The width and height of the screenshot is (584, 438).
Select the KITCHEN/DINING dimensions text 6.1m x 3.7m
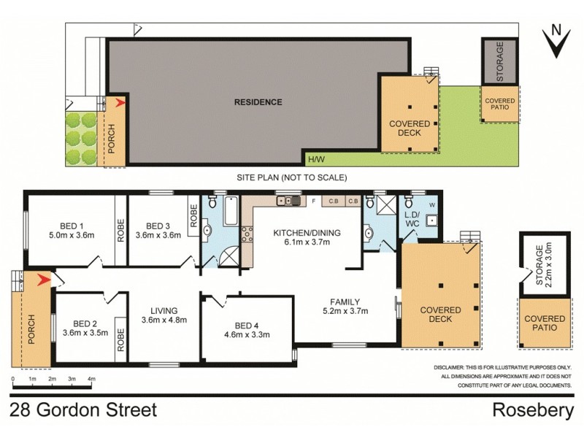pos(307,244)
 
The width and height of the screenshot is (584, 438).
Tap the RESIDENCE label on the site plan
pos(258,102)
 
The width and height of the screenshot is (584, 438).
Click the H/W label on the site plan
pos(316,159)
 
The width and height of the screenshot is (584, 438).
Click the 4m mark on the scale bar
pos(91,380)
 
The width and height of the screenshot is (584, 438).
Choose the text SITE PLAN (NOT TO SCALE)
pos(291,177)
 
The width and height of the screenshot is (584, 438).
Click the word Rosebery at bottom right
pos(534,410)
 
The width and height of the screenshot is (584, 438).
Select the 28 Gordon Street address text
pos(84,410)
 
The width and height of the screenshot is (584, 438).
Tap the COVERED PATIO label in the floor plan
pos(545,323)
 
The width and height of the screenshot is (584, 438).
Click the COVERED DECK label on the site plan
pos(410,128)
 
